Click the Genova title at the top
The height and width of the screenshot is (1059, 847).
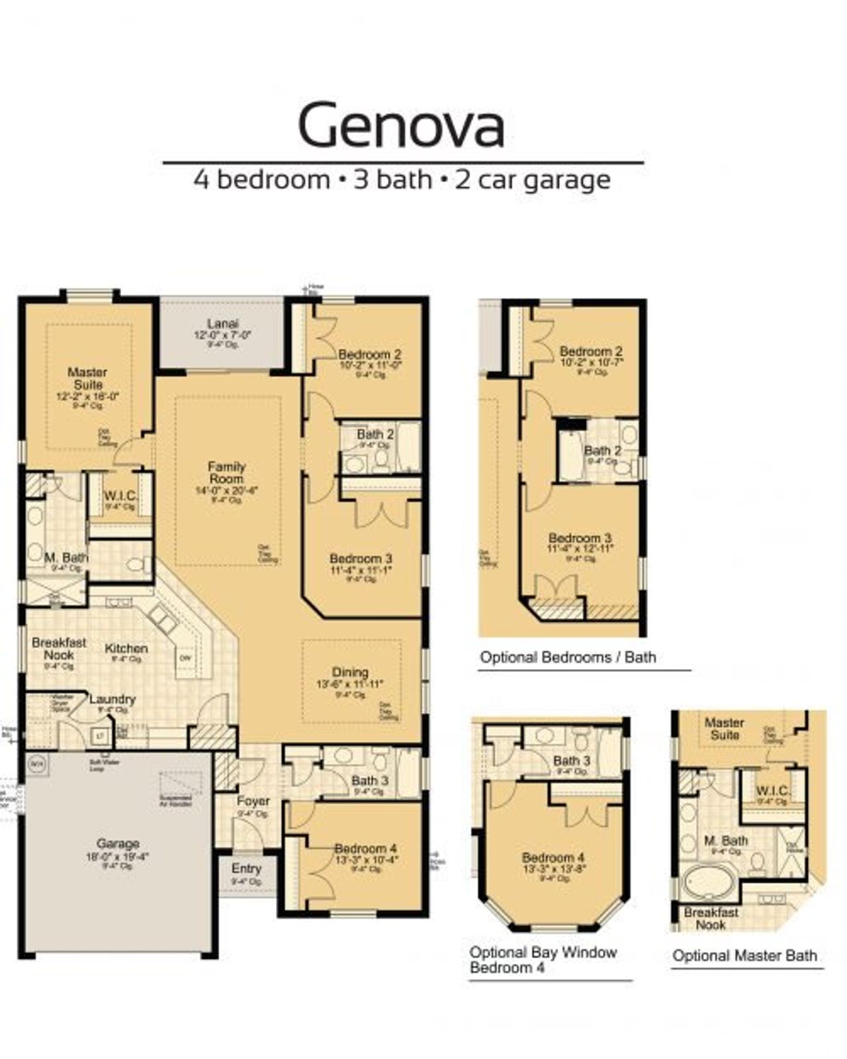pyautogui.click(x=402, y=124)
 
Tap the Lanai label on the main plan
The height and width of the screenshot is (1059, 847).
pyautogui.click(x=222, y=324)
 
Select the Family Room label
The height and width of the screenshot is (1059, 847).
pyautogui.click(x=226, y=473)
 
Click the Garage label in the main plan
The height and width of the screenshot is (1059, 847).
pyautogui.click(x=118, y=843)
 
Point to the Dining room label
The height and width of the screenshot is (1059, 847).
pyautogui.click(x=350, y=672)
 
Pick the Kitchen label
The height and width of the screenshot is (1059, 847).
pyautogui.click(x=126, y=649)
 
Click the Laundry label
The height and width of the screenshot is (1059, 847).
pyautogui.click(x=112, y=699)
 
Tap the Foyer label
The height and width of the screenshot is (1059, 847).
pyautogui.click(x=253, y=801)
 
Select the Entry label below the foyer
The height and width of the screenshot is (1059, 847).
pyautogui.click(x=246, y=868)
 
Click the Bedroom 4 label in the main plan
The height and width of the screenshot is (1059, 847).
pyautogui.click(x=365, y=849)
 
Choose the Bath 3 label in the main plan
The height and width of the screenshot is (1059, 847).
pyautogui.click(x=370, y=781)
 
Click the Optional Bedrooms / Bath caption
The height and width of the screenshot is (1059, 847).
pyautogui.click(x=568, y=657)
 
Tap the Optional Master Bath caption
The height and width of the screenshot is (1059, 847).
pyautogui.click(x=744, y=956)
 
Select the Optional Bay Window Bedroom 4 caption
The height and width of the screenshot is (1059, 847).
pyautogui.click(x=543, y=960)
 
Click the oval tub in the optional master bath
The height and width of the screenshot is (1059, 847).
pyautogui.click(x=707, y=882)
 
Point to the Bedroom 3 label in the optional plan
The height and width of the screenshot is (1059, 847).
pyautogui.click(x=580, y=538)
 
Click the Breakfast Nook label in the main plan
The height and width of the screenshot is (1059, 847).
pyautogui.click(x=59, y=649)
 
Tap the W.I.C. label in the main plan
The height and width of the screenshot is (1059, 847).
pyautogui.click(x=120, y=496)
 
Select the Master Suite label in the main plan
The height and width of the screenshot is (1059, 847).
pyautogui.click(x=87, y=378)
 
